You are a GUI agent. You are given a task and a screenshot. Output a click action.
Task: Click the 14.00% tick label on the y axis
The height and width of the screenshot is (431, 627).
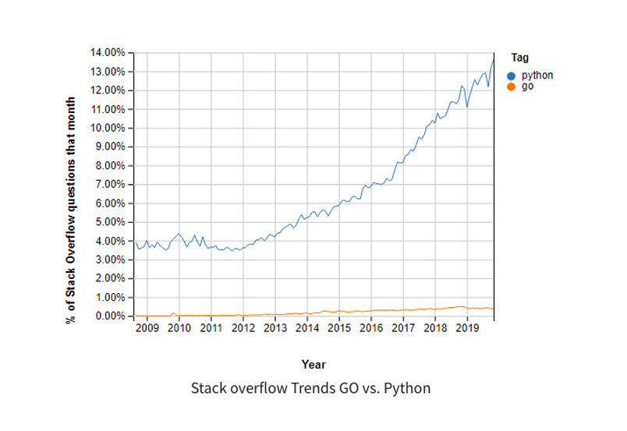point(109,53)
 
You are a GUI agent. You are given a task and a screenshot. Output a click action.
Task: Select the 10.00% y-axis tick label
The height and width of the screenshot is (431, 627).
point(109,128)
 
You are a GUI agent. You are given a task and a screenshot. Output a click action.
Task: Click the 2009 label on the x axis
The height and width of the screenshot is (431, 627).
point(147,329)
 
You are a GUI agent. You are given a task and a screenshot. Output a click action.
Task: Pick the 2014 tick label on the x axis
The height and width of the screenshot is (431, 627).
point(307,329)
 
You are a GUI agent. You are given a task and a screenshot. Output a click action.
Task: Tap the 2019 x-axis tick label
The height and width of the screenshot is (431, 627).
point(467,329)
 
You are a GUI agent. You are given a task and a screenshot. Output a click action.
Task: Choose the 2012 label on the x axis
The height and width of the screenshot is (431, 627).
point(243,329)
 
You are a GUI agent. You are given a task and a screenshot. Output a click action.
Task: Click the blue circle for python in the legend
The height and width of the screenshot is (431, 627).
point(512,76)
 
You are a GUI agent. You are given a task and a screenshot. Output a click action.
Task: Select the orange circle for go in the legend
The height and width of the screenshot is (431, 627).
point(512,86)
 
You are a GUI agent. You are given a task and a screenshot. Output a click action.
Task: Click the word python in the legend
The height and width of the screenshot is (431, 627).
point(537,76)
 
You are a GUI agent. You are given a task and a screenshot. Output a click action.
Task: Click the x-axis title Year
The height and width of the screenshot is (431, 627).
point(313,364)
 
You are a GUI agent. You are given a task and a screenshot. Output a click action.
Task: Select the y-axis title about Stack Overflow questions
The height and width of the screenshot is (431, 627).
point(71,210)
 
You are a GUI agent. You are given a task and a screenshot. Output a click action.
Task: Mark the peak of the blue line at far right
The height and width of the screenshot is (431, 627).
point(493,60)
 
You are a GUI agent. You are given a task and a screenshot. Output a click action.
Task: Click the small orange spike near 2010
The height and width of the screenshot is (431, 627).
point(173,313)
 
